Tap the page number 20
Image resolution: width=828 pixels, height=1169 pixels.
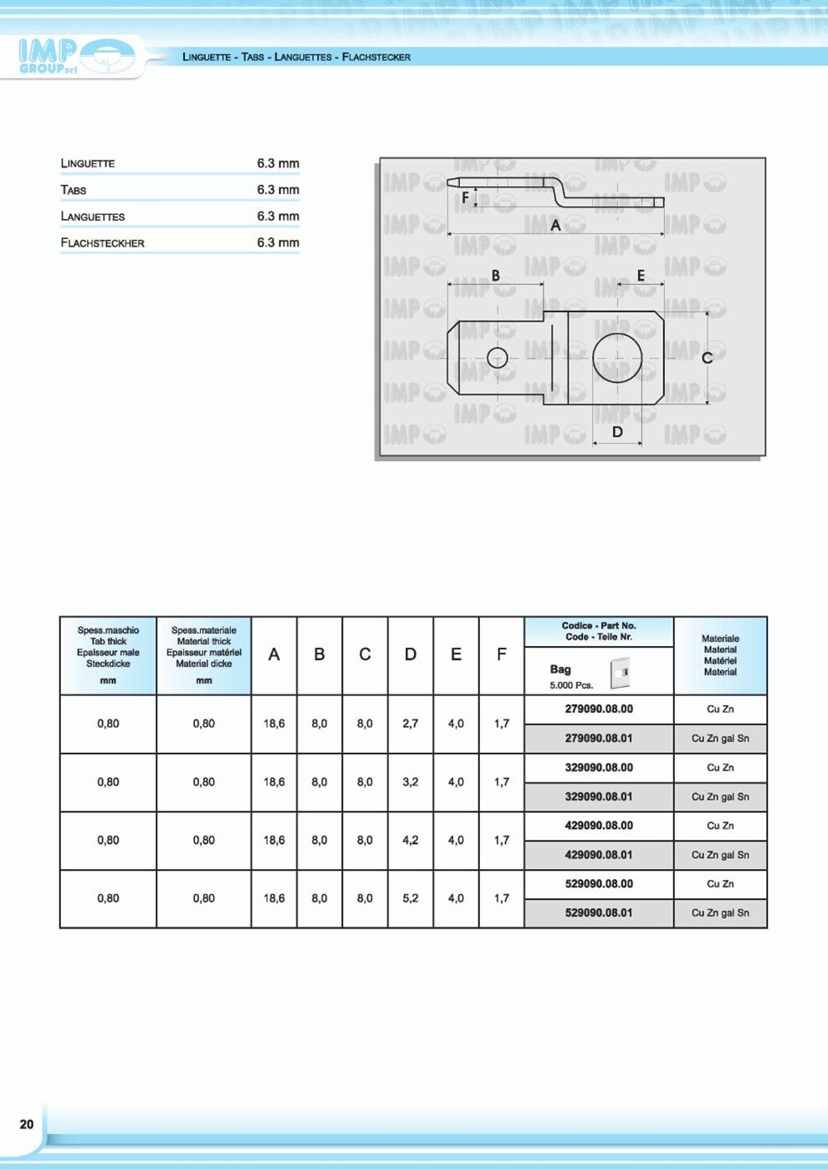pyautogui.click(x=27, y=1124)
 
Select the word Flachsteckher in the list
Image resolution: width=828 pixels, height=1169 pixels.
pyautogui.click(x=102, y=243)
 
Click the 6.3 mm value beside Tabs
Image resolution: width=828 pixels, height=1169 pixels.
pyautogui.click(x=278, y=190)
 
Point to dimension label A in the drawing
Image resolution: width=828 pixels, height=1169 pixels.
pyautogui.click(x=555, y=226)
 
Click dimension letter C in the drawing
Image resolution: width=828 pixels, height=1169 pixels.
pyautogui.click(x=707, y=358)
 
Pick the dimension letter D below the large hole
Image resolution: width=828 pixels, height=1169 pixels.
pyautogui.click(x=617, y=432)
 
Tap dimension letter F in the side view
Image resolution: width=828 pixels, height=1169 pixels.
pyautogui.click(x=465, y=198)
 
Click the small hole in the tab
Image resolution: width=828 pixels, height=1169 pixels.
pyautogui.click(x=497, y=358)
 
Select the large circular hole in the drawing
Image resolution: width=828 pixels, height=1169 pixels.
pyautogui.click(x=617, y=358)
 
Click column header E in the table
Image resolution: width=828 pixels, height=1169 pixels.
pyautogui.click(x=456, y=654)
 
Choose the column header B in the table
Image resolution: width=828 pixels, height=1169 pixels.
pyautogui.click(x=319, y=654)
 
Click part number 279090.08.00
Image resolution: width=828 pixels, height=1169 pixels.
pyautogui.click(x=599, y=709)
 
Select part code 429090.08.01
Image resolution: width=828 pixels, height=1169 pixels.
pyautogui.click(x=599, y=855)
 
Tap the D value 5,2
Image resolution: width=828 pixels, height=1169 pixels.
pyautogui.click(x=411, y=898)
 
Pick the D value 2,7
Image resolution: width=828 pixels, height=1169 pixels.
pyautogui.click(x=411, y=724)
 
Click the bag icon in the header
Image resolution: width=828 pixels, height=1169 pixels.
pyautogui.click(x=620, y=672)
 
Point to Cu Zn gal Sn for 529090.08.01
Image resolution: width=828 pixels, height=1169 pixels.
pyautogui.click(x=720, y=913)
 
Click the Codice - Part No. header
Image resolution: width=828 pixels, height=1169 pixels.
pyautogui.click(x=599, y=631)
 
